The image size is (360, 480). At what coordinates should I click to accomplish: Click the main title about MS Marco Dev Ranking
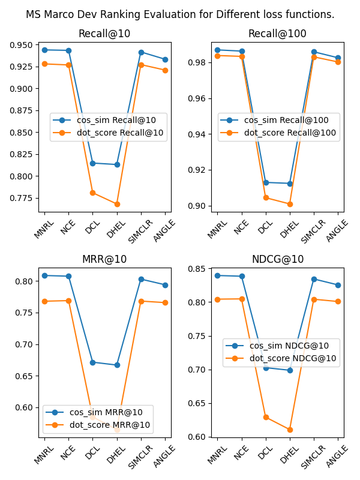pyautogui.click(x=180, y=14)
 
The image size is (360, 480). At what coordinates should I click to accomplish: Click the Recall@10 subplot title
pyautogui.click(x=104, y=34)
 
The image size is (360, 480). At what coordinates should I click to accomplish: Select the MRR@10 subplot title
pyautogui.click(x=104, y=260)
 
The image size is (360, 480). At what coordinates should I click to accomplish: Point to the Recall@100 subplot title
pyautogui.click(x=277, y=34)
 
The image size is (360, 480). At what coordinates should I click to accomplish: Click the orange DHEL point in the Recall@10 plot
pyautogui.click(x=117, y=204)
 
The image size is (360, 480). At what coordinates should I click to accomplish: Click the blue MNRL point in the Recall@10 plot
pyautogui.click(x=44, y=50)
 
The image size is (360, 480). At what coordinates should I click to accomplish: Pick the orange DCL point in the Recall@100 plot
pyautogui.click(x=266, y=197)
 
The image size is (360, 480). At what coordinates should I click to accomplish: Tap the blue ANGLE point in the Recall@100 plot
pyautogui.click(x=338, y=58)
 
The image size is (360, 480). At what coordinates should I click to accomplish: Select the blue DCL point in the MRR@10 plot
pyautogui.click(x=92, y=362)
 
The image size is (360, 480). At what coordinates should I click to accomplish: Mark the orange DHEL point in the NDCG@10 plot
pyautogui.click(x=290, y=430)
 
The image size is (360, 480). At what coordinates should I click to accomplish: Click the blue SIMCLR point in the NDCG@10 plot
pyautogui.click(x=314, y=279)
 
